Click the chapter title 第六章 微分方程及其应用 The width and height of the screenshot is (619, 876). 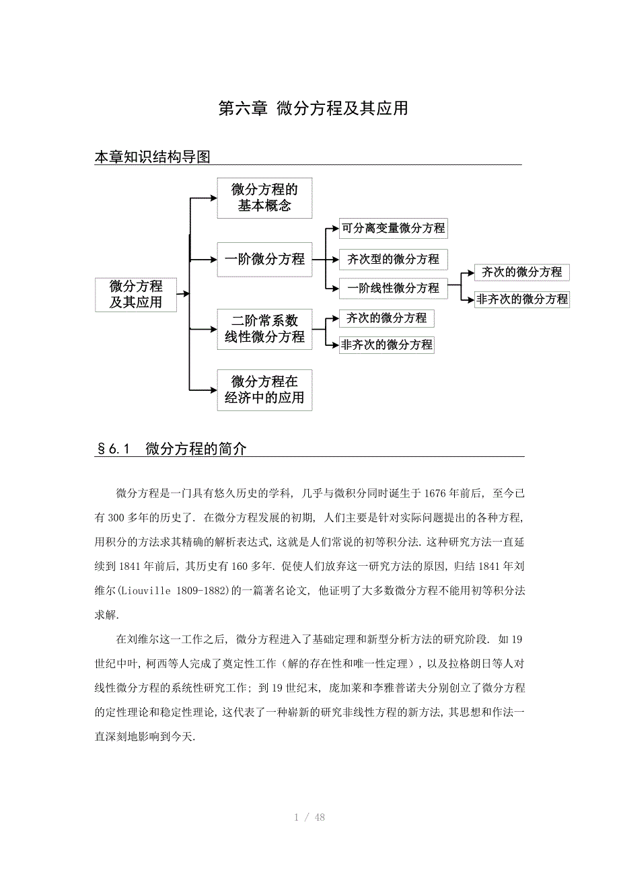click(x=314, y=108)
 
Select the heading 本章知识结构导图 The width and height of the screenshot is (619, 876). click(x=153, y=157)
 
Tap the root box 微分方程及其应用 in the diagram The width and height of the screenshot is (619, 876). click(x=136, y=294)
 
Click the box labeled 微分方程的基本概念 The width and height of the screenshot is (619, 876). click(x=264, y=198)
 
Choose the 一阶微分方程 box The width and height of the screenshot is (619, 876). click(x=264, y=259)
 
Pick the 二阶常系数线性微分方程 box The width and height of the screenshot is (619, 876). click(x=264, y=329)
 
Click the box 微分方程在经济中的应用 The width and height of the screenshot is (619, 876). click(x=264, y=390)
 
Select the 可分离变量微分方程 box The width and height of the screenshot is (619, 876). click(x=393, y=228)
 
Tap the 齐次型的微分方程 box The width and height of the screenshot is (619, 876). click(x=393, y=259)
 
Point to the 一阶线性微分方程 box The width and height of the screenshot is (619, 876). click(x=393, y=288)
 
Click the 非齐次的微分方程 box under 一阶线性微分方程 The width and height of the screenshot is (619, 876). click(x=522, y=299)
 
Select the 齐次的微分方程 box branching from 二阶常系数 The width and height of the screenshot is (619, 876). click(x=386, y=318)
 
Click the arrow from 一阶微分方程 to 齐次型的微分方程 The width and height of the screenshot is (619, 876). click(x=326, y=259)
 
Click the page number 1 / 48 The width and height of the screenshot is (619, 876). click(x=309, y=817)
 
